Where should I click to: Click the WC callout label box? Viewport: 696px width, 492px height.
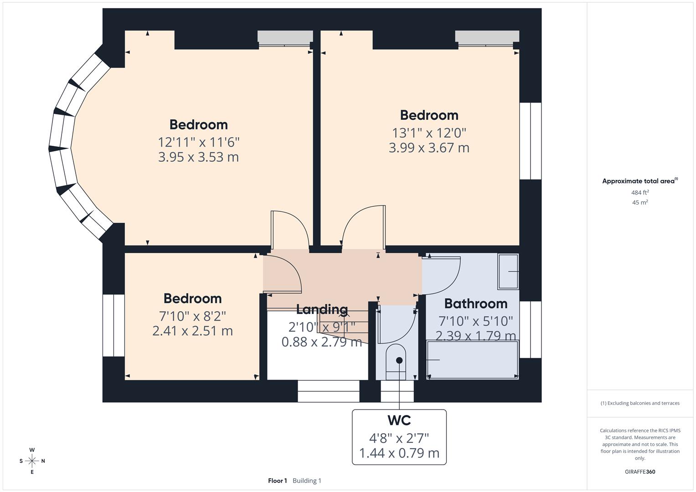pyautogui.click(x=399, y=437)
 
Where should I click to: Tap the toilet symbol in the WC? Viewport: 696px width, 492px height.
pyautogui.click(x=396, y=362)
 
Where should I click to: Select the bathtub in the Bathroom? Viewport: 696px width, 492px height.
pyautogui.click(x=472, y=360)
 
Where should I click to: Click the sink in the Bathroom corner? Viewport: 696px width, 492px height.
pyautogui.click(x=508, y=272)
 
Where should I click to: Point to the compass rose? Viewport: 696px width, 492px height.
pyautogui.click(x=32, y=461)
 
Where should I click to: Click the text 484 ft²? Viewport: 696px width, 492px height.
pyautogui.click(x=640, y=193)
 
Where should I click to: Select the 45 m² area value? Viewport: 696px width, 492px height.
pyautogui.click(x=640, y=203)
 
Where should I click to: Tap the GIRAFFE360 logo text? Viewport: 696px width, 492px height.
pyautogui.click(x=640, y=471)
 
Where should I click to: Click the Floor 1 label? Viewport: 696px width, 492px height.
pyautogui.click(x=277, y=481)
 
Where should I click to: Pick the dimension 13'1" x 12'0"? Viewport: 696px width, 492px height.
pyautogui.click(x=429, y=133)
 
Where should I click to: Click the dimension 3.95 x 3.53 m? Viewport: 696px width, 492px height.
pyautogui.click(x=198, y=157)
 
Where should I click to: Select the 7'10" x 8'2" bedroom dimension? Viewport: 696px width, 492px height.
pyautogui.click(x=192, y=316)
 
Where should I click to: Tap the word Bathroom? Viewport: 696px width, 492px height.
pyautogui.click(x=475, y=303)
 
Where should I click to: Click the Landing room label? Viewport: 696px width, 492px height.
pyautogui.click(x=322, y=310)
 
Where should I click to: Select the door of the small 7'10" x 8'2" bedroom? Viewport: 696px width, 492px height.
pyautogui.click(x=283, y=274)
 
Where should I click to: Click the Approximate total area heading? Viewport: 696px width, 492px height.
pyautogui.click(x=639, y=181)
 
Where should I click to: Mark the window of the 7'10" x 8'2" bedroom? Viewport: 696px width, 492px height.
pyautogui.click(x=113, y=325)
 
